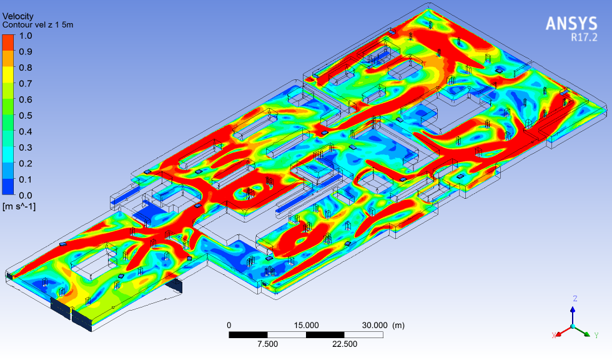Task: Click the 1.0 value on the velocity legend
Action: [x=26, y=36]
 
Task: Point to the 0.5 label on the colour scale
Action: [x=26, y=116]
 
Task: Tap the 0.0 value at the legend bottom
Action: [x=26, y=196]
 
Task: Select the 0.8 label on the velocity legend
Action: [x=26, y=67]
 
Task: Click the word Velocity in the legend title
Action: [x=18, y=16]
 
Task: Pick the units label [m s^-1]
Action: [x=19, y=206]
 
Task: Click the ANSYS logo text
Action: [x=571, y=23]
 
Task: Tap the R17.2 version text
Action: [x=585, y=37]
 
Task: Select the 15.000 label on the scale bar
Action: [x=307, y=325]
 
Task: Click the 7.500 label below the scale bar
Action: [x=267, y=344]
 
